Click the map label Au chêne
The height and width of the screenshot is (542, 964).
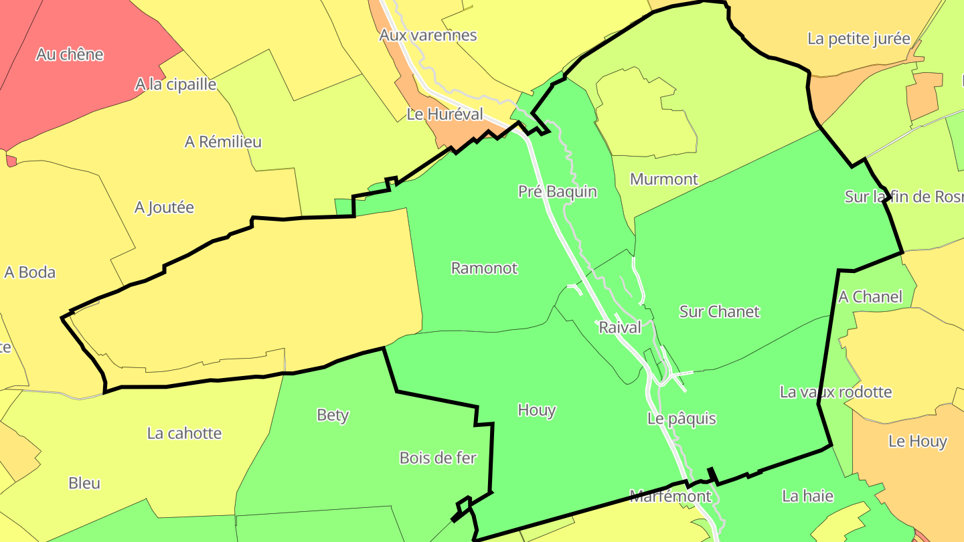pos(70,54)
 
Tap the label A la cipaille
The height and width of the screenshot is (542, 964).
pos(175,84)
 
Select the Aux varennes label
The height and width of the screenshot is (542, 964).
pos(428,35)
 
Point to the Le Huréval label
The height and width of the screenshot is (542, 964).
pos(445,114)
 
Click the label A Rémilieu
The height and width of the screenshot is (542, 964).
pos(223,142)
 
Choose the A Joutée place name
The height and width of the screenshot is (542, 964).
pos(164,207)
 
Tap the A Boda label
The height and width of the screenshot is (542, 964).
pos(29,272)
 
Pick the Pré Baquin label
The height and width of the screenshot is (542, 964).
pos(557,191)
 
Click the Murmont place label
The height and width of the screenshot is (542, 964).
pos(663,179)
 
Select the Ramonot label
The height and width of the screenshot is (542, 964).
pos(484,268)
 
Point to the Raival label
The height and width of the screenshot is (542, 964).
pos(619,327)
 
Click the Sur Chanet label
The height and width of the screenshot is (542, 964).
pos(719,311)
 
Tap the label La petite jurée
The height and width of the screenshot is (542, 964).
pos(858,39)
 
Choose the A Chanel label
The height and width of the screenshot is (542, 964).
pos(870,296)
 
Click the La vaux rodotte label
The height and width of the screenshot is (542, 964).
pos(835,391)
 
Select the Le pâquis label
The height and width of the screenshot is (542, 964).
pos(681,419)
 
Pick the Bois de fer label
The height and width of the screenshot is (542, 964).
pos(438,458)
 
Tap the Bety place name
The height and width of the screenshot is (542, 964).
pos(333,415)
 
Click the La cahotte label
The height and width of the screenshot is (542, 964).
pos(184,433)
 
